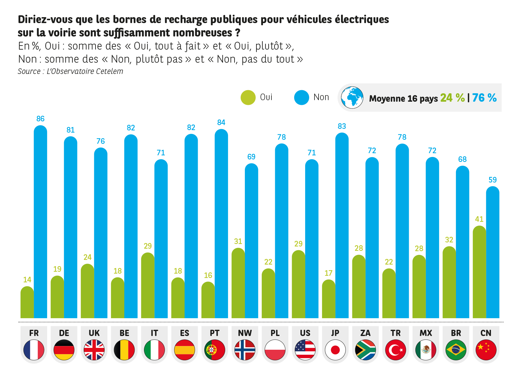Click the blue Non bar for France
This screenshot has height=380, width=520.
(41, 222)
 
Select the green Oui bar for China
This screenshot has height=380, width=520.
(479, 271)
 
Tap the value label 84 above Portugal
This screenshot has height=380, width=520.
(221, 123)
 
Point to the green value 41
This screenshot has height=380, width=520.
(479, 219)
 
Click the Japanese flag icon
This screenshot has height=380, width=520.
(335, 350)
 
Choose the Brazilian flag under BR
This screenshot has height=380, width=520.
(456, 350)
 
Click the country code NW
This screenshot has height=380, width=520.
(245, 333)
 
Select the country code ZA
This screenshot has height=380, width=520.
(365, 333)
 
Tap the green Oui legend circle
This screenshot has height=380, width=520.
(248, 97)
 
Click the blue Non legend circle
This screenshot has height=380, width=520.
(302, 97)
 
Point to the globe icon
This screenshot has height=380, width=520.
(352, 97)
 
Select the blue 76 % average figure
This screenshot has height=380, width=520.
(484, 98)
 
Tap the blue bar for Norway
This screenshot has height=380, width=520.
(251, 240)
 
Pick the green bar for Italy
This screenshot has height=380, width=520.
(148, 285)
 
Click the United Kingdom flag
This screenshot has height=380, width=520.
(94, 350)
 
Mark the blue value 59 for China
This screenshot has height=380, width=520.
(493, 180)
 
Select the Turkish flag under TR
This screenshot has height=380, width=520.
(396, 350)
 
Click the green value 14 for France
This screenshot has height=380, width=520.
(27, 280)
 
